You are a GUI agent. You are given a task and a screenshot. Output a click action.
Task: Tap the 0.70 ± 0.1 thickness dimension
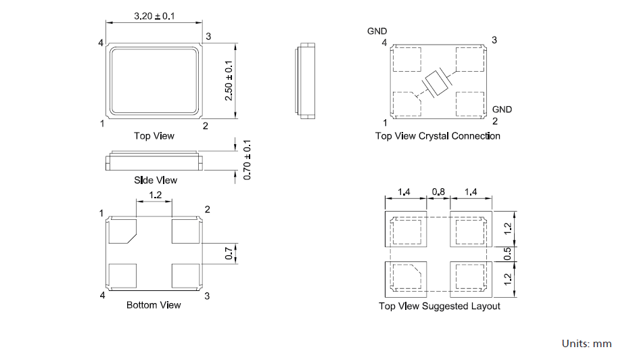pos(248,160)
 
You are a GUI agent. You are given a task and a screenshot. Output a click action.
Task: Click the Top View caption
pos(154,136)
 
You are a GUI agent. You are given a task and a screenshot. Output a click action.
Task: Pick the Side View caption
pos(156,180)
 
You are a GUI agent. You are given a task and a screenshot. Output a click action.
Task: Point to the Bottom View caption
pos(154,305)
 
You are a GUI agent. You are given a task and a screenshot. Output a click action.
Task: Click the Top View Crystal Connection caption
pos(438,136)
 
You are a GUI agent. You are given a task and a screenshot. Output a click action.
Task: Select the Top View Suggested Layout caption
pos(439,307)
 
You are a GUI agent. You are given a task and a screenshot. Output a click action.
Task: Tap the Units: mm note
pos(586,344)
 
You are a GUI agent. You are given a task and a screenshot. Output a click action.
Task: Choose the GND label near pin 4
pos(377,31)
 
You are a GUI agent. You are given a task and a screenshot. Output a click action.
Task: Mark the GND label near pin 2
pos(502,109)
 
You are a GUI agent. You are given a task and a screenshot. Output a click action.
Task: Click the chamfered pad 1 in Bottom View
pos(122,231)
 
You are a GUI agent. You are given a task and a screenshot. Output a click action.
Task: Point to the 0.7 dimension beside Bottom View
pos(229,254)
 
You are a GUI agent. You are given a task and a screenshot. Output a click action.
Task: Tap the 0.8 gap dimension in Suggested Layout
pos(438,193)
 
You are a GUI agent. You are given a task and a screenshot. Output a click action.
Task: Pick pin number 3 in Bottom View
pos(207,296)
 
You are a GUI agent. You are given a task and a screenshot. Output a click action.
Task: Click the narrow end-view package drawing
pos(306,81)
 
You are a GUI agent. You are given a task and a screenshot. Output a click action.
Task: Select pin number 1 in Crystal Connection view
pos(385,122)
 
